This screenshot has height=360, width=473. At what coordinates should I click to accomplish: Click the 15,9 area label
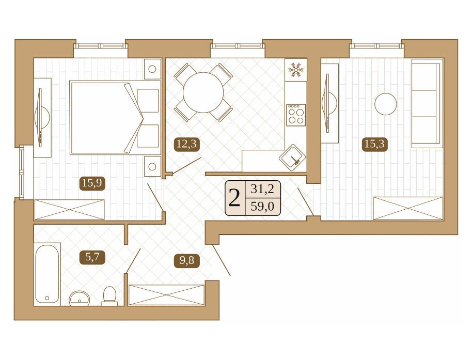[92, 183]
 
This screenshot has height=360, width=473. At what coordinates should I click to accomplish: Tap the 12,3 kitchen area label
[186, 144]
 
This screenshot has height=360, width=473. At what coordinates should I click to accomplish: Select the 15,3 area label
[374, 144]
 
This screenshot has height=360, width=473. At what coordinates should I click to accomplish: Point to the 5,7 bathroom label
[92, 257]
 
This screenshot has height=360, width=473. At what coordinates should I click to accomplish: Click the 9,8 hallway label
[187, 260]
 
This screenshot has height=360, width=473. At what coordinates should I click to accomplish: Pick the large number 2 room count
[235, 198]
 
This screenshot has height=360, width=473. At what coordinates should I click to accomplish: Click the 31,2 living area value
[263, 190]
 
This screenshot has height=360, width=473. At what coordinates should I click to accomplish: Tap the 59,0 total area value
[263, 207]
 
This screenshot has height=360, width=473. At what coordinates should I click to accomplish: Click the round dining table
[203, 92]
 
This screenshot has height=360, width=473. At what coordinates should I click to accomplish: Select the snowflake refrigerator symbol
[295, 69]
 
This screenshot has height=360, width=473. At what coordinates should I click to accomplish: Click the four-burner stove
[296, 115]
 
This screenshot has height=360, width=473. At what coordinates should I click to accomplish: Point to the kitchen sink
[293, 157]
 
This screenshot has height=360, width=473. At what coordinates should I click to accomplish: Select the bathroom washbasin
[80, 299]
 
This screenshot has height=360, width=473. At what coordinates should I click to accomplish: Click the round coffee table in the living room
[386, 104]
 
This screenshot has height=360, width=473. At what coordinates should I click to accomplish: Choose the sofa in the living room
[428, 103]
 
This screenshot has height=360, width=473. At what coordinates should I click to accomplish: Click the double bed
[115, 118]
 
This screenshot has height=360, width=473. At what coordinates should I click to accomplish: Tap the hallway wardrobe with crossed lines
[166, 294]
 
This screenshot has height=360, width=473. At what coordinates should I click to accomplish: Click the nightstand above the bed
[152, 69]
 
